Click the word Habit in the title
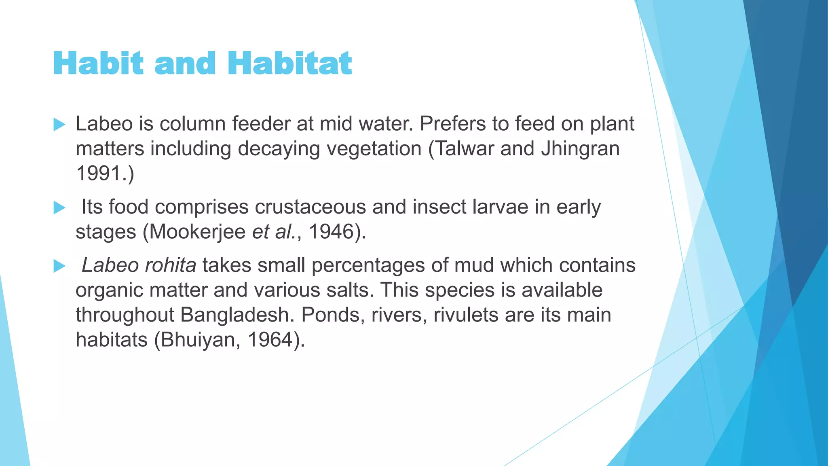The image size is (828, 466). [98, 64]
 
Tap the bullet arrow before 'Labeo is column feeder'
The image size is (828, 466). [59, 125]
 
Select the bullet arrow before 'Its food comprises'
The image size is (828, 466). [59, 208]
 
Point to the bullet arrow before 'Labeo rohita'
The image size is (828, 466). [59, 266]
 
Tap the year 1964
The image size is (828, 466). [270, 339]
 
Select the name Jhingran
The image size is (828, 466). [580, 148]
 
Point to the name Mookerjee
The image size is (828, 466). [197, 232]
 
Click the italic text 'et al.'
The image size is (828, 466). [274, 232]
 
